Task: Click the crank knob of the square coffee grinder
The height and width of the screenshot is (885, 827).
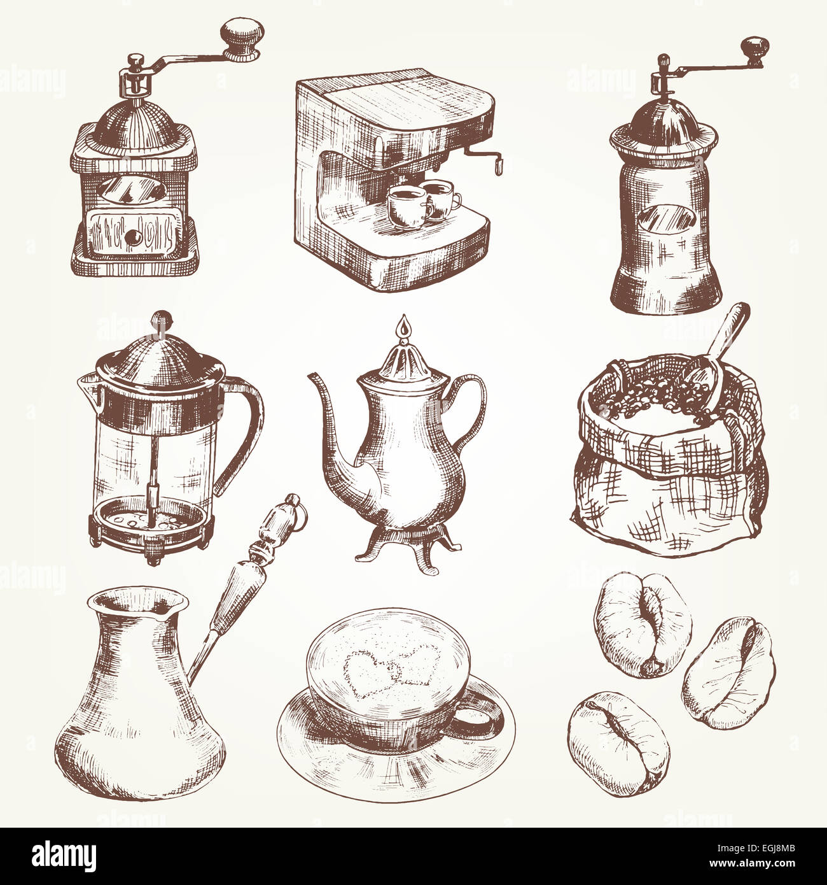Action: tap(243, 38)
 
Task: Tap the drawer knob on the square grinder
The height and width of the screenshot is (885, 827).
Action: tap(132, 237)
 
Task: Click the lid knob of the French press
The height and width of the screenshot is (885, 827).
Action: tap(161, 319)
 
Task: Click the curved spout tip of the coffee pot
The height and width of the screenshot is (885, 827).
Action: tap(312, 378)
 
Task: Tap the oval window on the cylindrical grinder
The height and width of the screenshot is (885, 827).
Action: tap(667, 221)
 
